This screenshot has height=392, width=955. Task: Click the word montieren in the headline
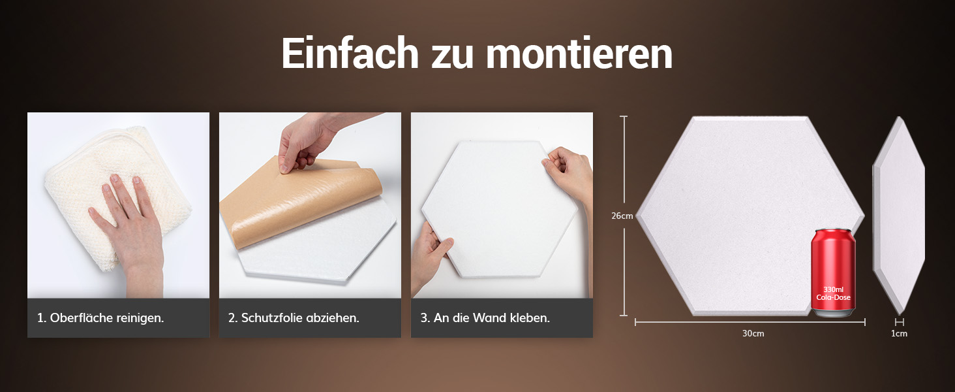tap(579, 53)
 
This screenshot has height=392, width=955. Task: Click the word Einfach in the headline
tap(350, 53)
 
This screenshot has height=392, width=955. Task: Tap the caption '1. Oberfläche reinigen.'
tap(100, 318)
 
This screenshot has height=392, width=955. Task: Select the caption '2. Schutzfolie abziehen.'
tap(294, 318)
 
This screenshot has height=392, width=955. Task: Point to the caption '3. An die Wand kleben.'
tap(485, 318)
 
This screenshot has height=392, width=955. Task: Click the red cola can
tap(833, 273)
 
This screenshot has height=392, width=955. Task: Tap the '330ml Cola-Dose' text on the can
tap(833, 294)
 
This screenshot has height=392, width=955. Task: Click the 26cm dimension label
tap(622, 216)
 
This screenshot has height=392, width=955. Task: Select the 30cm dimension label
tap(753, 333)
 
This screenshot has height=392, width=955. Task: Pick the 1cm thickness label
tap(899, 333)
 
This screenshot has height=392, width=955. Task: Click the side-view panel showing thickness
tap(899, 216)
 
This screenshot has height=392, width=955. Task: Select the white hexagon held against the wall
tap(500, 209)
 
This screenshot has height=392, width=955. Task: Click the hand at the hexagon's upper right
tap(569, 175)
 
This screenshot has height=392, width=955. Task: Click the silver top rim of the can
tap(834, 232)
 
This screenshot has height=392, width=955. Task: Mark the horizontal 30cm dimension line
tap(750, 322)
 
